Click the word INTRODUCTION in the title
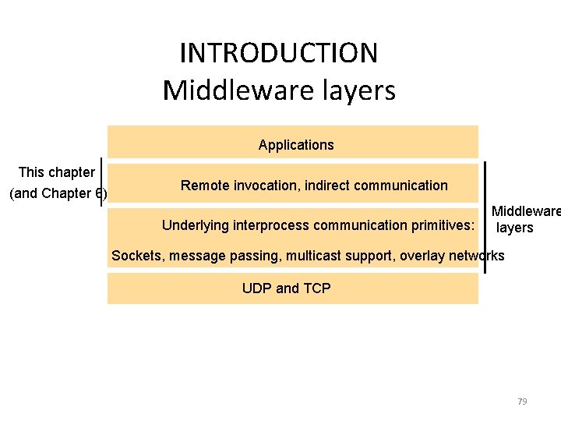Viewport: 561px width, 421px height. click(x=279, y=53)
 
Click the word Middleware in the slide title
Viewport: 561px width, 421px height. click(x=221, y=90)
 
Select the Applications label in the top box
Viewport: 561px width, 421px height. click(x=296, y=145)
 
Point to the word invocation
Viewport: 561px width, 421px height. click(x=263, y=186)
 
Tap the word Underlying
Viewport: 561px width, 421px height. click(x=195, y=226)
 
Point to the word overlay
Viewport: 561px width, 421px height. click(x=421, y=256)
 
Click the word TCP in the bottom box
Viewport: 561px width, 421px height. click(x=316, y=288)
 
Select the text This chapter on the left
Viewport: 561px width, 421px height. click(x=57, y=172)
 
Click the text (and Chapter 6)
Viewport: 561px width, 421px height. click(x=57, y=194)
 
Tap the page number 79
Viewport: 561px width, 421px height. click(x=522, y=402)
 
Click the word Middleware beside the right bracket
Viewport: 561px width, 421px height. click(x=525, y=211)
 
